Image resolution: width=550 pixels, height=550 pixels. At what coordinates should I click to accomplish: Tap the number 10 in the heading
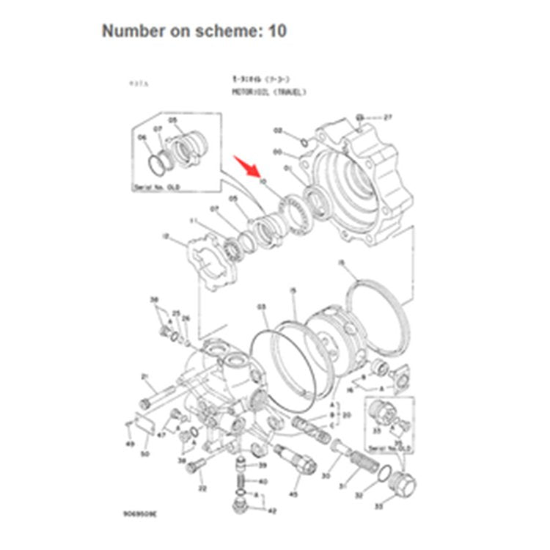[277, 31]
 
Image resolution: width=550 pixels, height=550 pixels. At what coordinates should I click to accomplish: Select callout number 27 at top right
[389, 117]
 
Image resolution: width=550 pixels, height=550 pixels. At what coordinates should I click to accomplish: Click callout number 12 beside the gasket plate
[166, 236]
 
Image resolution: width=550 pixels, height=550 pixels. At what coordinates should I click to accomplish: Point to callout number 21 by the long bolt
[145, 377]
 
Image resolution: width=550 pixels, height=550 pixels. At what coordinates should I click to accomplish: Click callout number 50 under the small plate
[145, 455]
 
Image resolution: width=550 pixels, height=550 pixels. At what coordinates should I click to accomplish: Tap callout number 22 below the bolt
[202, 488]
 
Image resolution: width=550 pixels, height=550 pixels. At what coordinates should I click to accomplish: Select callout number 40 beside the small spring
[263, 482]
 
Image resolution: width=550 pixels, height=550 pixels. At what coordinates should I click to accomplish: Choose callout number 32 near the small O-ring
[359, 496]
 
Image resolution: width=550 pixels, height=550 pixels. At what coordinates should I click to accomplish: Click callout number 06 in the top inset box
[142, 136]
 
